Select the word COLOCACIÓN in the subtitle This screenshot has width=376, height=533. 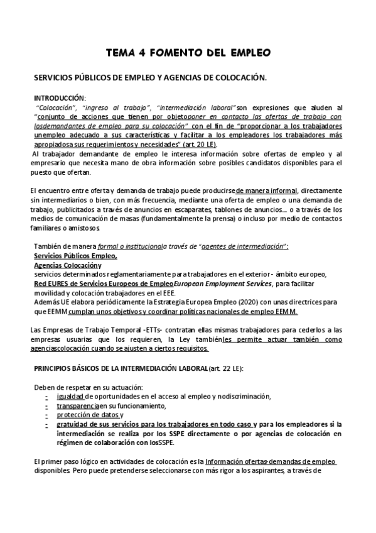pyautogui.click(x=236, y=78)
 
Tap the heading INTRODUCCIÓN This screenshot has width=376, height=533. pyautogui.click(x=60, y=99)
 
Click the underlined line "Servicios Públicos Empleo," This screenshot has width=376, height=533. pyautogui.click(x=75, y=256)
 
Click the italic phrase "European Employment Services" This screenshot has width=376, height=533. pyautogui.click(x=218, y=284)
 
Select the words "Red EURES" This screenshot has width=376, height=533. pyautogui.click(x=52, y=284)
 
